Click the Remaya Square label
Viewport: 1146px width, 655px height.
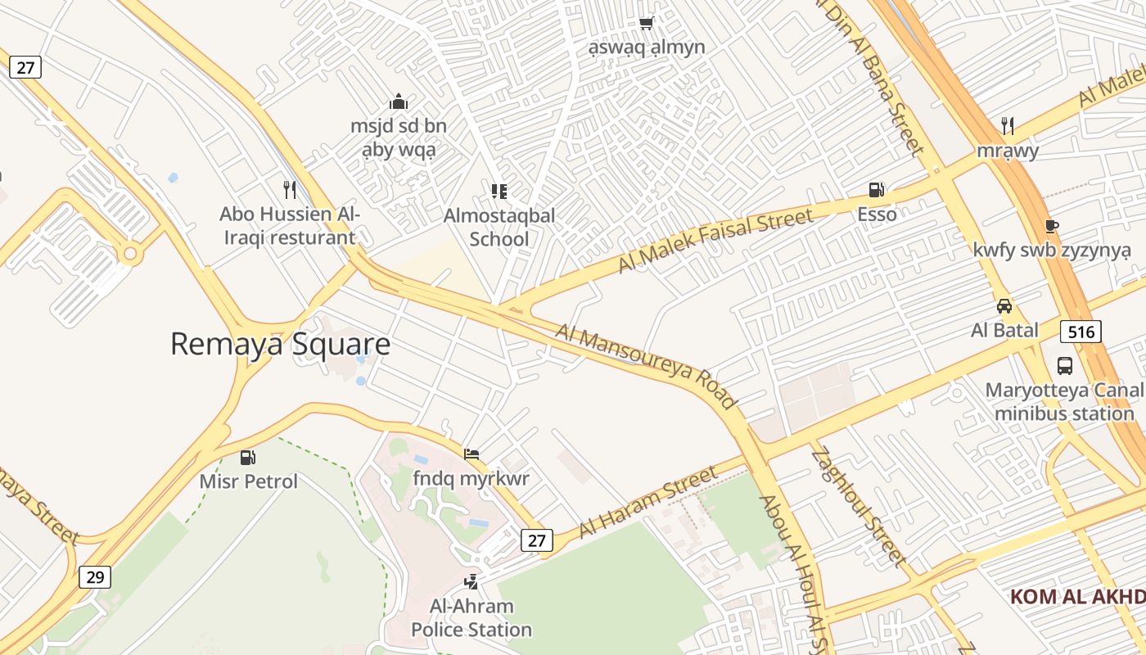pos(280,344)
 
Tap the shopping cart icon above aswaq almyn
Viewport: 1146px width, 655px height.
pos(646,23)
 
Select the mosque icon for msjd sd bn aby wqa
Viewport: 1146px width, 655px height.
pos(399,102)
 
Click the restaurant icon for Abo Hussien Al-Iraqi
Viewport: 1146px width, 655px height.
pos(289,190)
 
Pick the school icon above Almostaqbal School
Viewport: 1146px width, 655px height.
pos(499,192)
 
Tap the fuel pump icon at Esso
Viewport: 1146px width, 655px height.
pos(876,190)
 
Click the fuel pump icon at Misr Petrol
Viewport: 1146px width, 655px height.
pos(248,457)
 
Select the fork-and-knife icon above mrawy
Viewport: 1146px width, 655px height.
pos(1008,126)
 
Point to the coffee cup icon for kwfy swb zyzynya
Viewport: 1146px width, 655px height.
pos(1052,226)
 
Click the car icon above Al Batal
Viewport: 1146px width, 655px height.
pos(1004,306)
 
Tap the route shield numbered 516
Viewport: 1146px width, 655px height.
pos(1081,332)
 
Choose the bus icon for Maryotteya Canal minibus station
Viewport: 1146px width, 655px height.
pos(1064,365)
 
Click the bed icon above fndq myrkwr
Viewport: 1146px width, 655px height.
pos(471,454)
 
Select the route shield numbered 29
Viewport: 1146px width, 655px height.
pos(95,577)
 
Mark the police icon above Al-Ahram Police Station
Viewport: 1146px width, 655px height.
pos(471,582)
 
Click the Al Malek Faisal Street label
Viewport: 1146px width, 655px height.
pos(715,240)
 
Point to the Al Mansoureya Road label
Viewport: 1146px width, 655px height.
pos(646,365)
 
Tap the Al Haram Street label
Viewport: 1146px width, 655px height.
pos(647,502)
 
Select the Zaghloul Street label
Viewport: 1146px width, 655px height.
pos(859,507)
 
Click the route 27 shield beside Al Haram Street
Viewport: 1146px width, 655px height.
pos(537,540)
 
